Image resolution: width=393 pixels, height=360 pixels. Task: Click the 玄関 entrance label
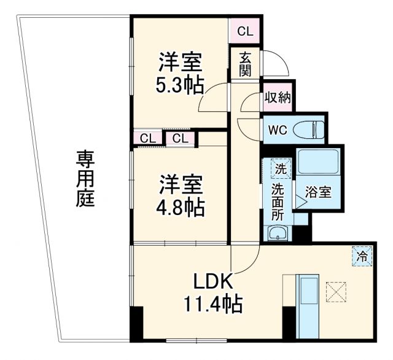(245, 64)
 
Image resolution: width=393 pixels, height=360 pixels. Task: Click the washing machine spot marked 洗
(280, 169)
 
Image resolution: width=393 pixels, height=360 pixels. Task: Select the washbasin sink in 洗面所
(278, 233)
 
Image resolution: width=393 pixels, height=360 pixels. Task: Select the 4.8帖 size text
(179, 206)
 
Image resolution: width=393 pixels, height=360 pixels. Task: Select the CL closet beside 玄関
(244, 30)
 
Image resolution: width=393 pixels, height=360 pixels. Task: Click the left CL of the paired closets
(147, 138)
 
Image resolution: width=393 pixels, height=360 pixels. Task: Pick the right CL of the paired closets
(180, 138)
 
